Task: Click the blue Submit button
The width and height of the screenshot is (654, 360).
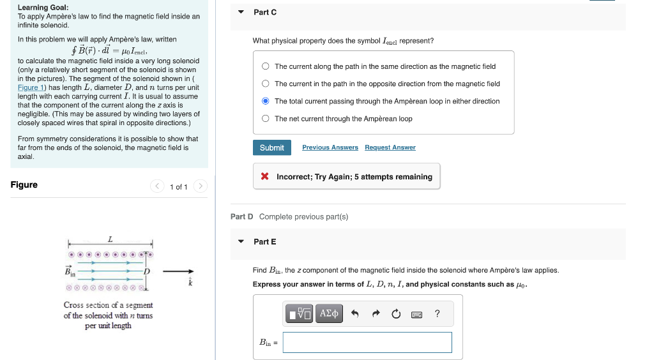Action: [271, 147]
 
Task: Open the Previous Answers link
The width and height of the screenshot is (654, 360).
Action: [330, 147]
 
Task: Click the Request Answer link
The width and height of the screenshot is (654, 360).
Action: [390, 147]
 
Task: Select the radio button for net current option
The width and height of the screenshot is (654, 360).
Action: [266, 119]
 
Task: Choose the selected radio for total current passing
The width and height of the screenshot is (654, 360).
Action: [266, 101]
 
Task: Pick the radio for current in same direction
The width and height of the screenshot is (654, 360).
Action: [266, 66]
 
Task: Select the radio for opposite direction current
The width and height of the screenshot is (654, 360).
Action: [266, 84]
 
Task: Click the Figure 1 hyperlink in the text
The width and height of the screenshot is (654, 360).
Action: [28, 87]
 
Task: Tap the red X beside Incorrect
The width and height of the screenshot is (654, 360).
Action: [264, 177]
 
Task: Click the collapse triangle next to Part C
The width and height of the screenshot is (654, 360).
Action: [241, 12]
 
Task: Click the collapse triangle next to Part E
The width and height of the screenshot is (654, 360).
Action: [241, 242]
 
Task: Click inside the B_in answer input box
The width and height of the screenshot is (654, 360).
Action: [367, 343]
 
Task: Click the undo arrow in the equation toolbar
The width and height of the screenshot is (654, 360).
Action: [356, 313]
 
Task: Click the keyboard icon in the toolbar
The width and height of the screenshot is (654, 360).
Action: [416, 313]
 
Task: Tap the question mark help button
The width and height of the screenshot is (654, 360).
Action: [437, 313]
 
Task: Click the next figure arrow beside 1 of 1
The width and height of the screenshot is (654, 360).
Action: [200, 186]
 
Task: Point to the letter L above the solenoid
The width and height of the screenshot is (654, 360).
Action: [110, 239]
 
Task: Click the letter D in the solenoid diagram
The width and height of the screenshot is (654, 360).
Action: [146, 272]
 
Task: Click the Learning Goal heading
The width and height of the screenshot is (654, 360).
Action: [43, 8]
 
